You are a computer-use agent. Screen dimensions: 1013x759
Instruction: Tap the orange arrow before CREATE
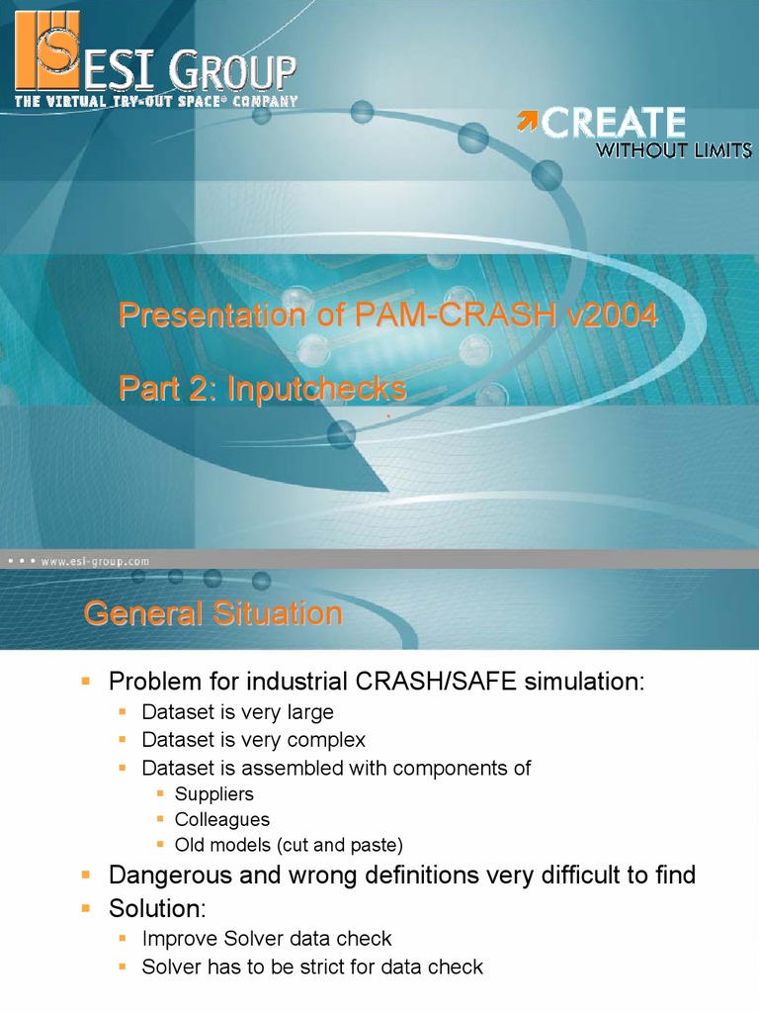528,122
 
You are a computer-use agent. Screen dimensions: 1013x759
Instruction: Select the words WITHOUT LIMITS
672,150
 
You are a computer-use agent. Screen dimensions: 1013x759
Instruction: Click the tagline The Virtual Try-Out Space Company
155,101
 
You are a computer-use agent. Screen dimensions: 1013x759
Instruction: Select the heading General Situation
212,613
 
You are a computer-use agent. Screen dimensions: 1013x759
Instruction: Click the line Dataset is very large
237,712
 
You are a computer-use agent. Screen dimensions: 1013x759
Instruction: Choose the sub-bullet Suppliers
213,794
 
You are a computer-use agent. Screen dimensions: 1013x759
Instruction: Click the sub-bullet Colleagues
221,820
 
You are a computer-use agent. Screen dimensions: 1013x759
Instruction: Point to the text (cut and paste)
340,846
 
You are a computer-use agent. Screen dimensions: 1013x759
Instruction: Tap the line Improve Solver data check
267,938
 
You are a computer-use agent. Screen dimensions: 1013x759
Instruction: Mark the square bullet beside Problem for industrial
86,682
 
